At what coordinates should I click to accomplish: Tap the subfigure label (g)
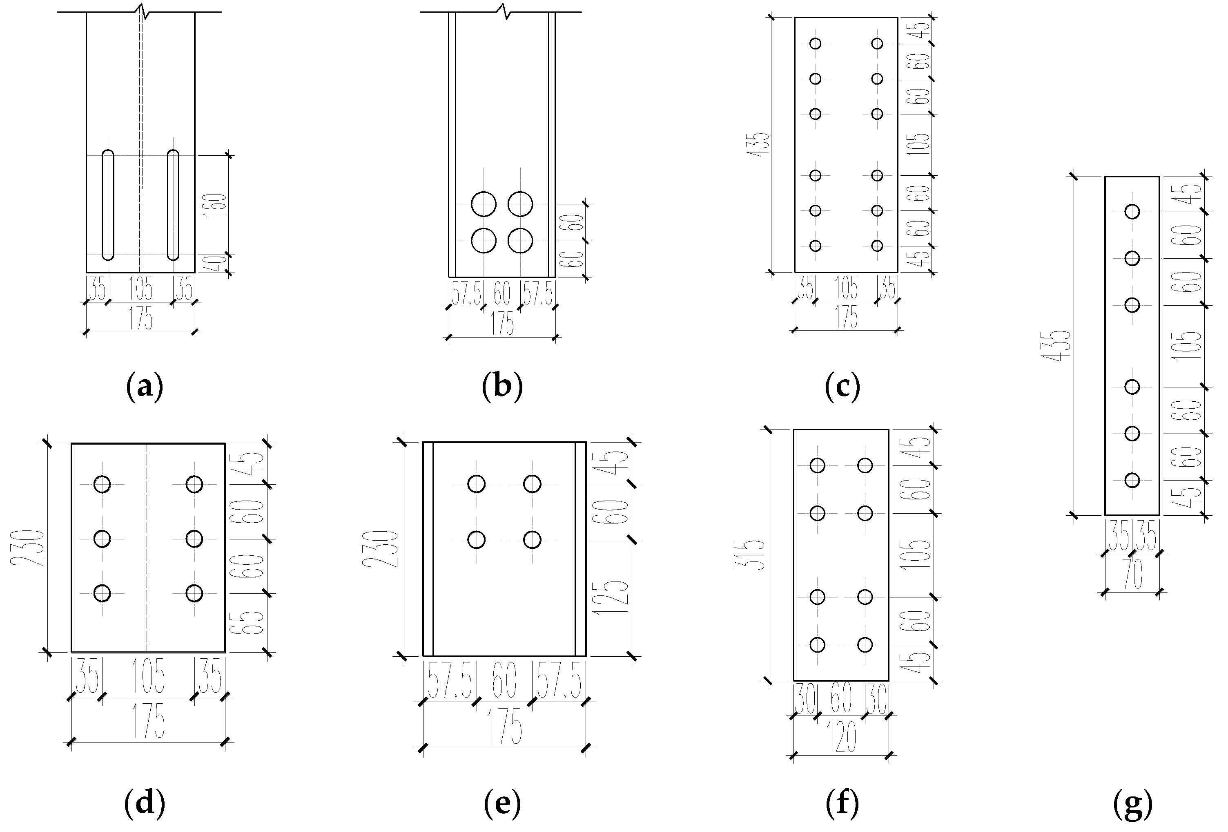point(1132,804)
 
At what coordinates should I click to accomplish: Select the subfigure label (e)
point(502,804)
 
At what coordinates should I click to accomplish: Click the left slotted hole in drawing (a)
point(108,205)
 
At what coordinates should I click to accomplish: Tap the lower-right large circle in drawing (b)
point(520,241)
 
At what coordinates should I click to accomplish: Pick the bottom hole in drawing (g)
point(1132,480)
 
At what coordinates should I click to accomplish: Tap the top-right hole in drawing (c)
point(877,43)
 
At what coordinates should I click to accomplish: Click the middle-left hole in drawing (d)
point(102,539)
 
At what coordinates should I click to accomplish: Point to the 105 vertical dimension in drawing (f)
point(920,554)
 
